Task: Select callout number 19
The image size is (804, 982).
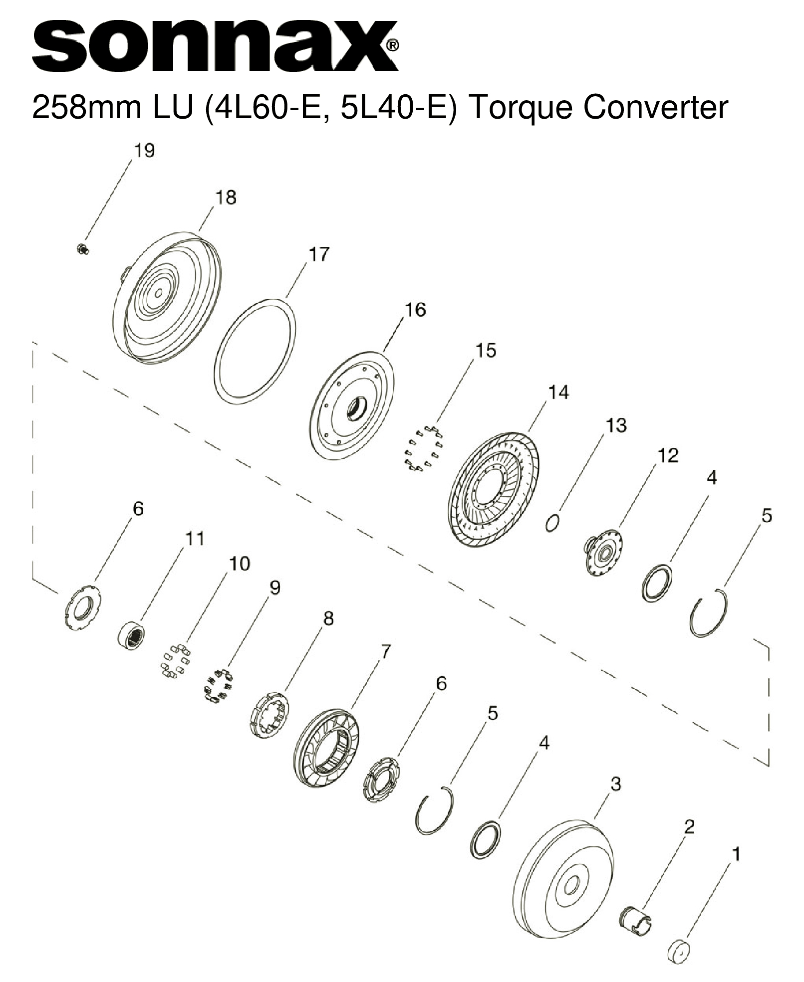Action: click(x=144, y=151)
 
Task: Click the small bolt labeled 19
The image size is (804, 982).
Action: click(x=82, y=248)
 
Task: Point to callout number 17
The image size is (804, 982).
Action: click(x=319, y=254)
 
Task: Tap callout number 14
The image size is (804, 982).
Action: click(x=558, y=393)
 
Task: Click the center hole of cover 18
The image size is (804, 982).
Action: click(x=158, y=294)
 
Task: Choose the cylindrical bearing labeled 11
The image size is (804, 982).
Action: click(x=132, y=635)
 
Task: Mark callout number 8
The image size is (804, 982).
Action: click(x=328, y=619)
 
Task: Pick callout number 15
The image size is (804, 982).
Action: click(x=485, y=351)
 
